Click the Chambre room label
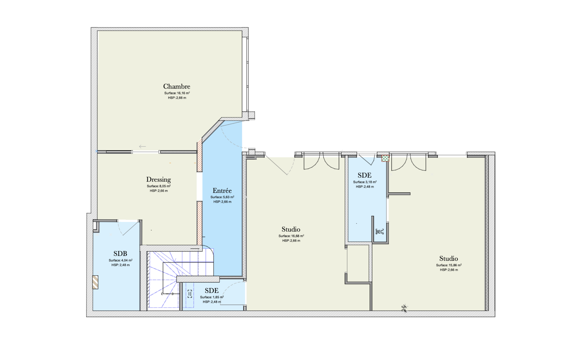(x=177, y=86)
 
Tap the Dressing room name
(x=158, y=179)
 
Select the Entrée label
(x=222, y=190)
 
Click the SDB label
(x=120, y=254)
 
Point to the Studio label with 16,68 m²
(x=291, y=229)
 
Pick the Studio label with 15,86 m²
(x=448, y=259)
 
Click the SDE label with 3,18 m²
(x=365, y=175)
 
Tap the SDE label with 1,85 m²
(x=212, y=291)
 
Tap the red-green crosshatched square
(x=385, y=158)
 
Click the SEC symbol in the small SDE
(x=380, y=232)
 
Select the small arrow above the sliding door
(x=142, y=147)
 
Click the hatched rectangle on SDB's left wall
(x=96, y=282)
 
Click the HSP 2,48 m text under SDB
(x=120, y=265)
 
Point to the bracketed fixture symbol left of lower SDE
(x=190, y=294)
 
